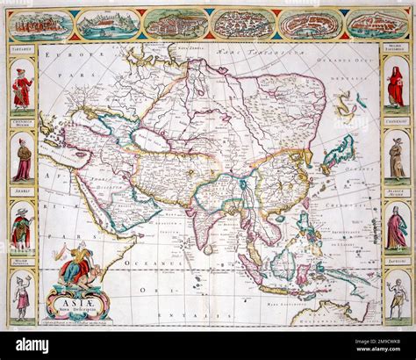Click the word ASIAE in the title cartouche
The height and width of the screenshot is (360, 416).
click(73, 298)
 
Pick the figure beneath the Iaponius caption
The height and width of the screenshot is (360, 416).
click(396, 297)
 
